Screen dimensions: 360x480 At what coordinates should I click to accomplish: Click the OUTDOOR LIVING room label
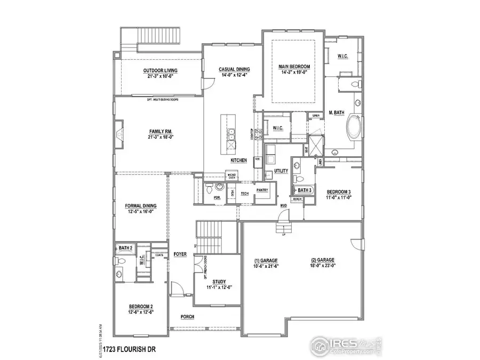[x=160, y=70]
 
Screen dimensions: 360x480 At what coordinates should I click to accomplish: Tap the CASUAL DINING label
[x=235, y=69]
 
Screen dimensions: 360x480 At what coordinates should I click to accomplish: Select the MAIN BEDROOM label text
[x=294, y=67]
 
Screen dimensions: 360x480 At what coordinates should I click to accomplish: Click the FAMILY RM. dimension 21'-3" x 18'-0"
[x=160, y=137]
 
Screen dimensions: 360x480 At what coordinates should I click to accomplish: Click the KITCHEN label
[x=238, y=161]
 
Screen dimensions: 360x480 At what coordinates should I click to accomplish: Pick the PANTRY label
[x=261, y=190]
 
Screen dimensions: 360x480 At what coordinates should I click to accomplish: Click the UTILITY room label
[x=281, y=171]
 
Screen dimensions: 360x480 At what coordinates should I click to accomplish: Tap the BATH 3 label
[x=305, y=190]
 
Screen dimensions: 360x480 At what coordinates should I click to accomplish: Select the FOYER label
[x=180, y=254]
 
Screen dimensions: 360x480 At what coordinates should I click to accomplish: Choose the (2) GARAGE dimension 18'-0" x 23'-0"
[x=323, y=266]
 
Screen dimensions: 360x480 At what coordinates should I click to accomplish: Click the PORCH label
[x=187, y=317]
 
